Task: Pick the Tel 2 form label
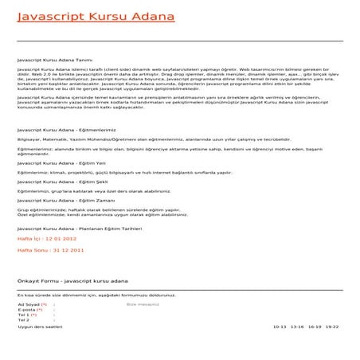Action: coord(24,320)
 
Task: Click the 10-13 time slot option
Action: coord(280,327)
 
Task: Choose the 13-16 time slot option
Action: coord(298,327)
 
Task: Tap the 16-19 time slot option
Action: coord(315,327)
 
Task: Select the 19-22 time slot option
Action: coord(332,327)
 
